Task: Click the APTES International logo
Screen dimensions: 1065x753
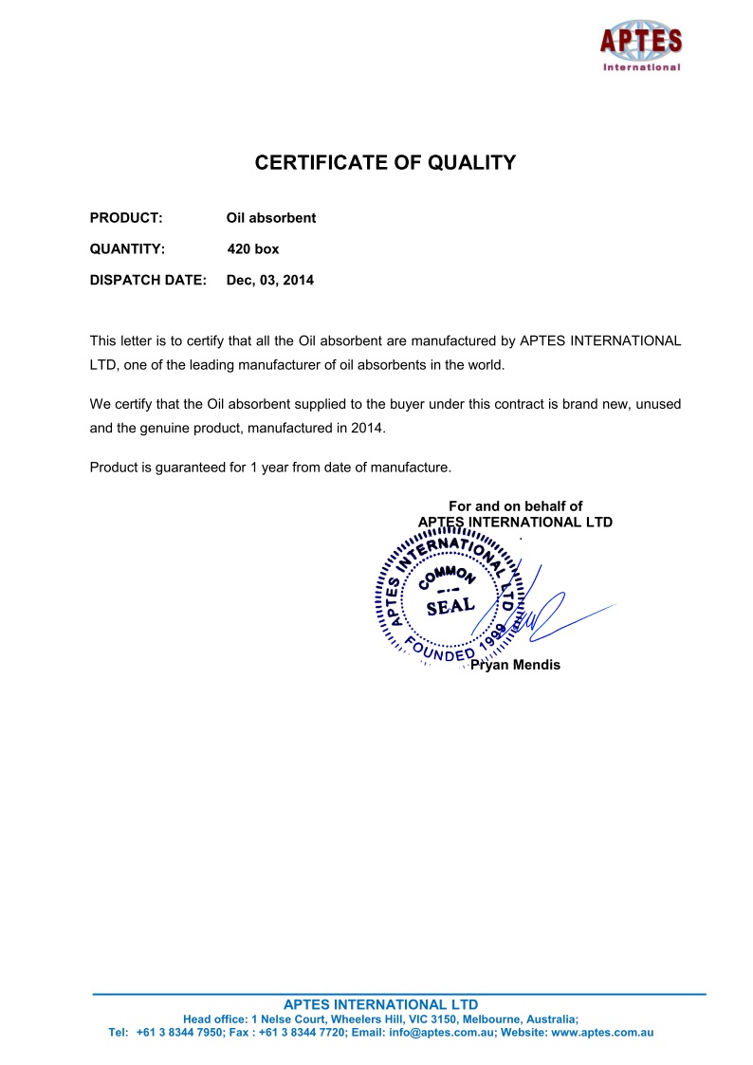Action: (640, 45)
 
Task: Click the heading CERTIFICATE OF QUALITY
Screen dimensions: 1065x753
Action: (385, 163)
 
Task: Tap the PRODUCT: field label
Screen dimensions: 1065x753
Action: (126, 218)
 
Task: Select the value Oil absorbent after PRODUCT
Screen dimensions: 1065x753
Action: (270, 218)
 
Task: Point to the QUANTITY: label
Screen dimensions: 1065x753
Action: (127, 249)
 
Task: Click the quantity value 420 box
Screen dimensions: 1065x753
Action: (253, 249)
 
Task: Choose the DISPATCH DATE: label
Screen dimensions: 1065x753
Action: (147, 281)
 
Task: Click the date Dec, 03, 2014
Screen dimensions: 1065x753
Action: (269, 281)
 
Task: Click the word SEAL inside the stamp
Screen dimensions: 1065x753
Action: (450, 606)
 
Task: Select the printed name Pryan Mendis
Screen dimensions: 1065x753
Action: (515, 665)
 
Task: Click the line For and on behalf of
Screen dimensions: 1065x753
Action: (515, 506)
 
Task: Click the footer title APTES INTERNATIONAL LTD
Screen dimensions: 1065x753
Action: (381, 1004)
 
